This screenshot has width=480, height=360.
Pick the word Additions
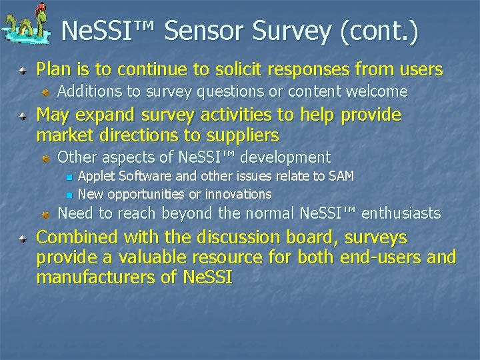pyautogui.click(x=87, y=91)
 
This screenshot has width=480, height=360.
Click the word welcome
pyautogui.click(x=377, y=91)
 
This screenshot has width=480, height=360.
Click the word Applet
pyautogui.click(x=97, y=176)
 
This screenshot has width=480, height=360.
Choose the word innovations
pyautogui.click(x=238, y=194)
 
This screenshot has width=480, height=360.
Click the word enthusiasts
pyautogui.click(x=402, y=213)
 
